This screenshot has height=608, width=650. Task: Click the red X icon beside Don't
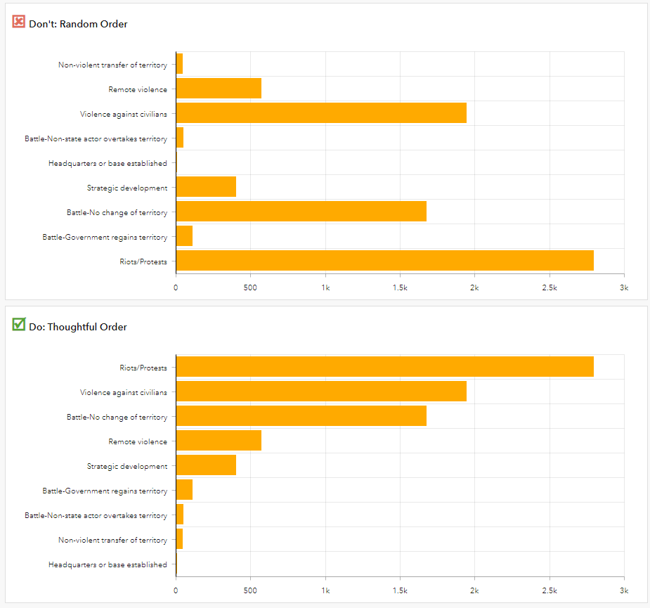click(19, 22)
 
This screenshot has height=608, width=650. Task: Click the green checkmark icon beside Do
click(19, 325)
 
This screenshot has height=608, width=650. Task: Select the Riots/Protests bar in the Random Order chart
click(384, 261)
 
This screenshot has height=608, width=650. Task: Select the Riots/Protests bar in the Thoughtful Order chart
click(384, 367)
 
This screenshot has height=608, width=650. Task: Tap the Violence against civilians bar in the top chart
click(321, 113)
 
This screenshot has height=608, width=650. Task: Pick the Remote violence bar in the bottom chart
click(219, 441)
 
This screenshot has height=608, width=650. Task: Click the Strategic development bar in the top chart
click(206, 187)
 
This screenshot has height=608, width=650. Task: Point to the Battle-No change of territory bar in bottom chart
click(301, 416)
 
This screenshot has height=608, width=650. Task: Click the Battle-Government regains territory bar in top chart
click(184, 236)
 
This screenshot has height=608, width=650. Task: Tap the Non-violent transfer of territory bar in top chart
click(179, 64)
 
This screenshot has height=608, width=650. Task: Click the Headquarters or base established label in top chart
click(108, 163)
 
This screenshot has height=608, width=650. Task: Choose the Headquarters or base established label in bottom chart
click(108, 564)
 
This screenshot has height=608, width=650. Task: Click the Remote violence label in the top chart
click(138, 89)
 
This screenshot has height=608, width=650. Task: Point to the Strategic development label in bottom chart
click(127, 466)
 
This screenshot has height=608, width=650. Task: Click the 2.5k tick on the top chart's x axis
click(549, 287)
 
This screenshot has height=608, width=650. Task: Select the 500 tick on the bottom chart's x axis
click(250, 590)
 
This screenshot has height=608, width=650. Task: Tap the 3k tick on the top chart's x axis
click(623, 287)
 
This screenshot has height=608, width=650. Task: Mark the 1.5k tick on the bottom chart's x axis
click(400, 590)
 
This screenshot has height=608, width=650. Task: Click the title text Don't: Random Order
click(78, 25)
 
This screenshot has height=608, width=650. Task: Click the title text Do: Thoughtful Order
click(78, 327)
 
